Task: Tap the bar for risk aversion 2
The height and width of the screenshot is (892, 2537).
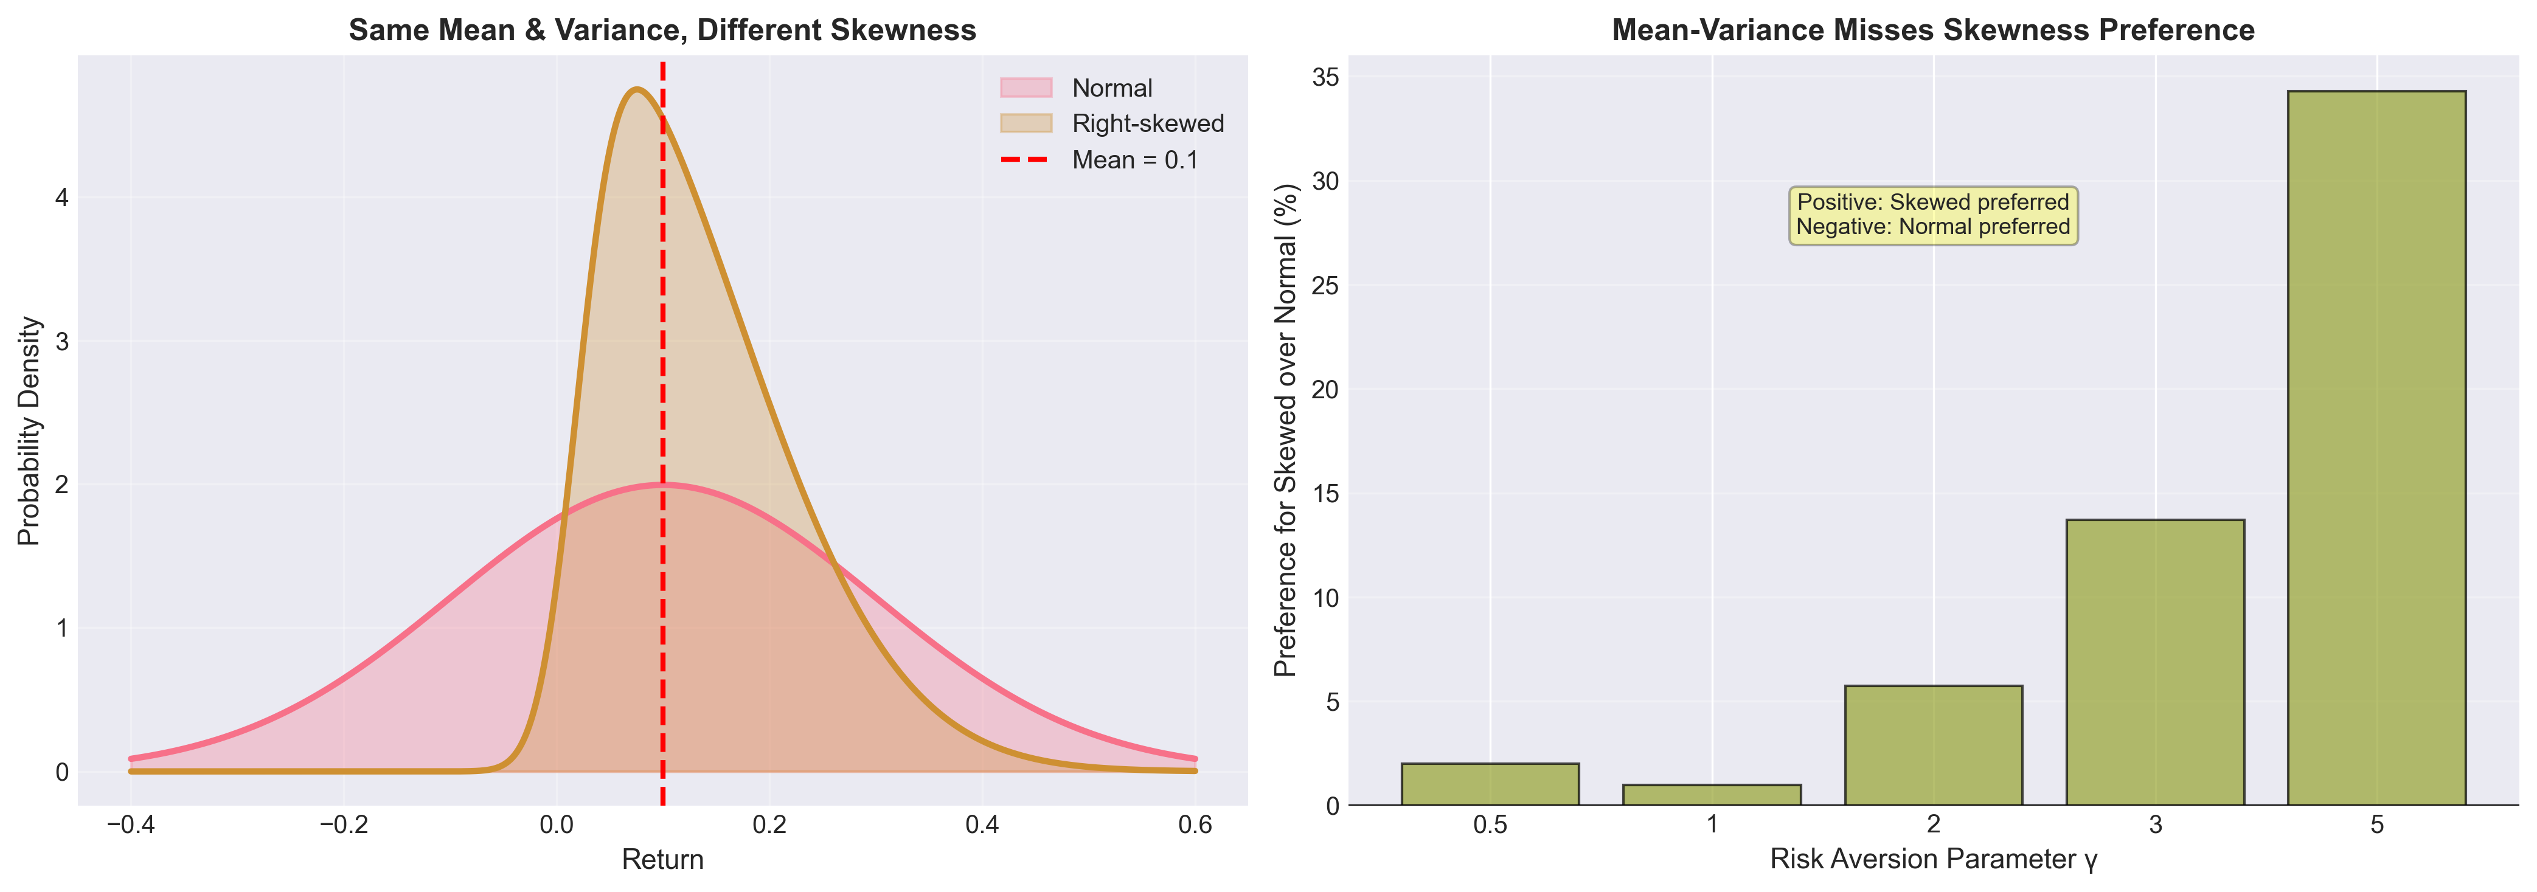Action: pyautogui.click(x=1933, y=745)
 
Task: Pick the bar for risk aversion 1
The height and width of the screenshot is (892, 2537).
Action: pyautogui.click(x=1712, y=795)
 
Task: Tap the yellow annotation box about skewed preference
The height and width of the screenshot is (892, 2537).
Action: pyautogui.click(x=1932, y=215)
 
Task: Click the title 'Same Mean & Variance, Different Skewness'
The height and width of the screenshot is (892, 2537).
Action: pyautogui.click(x=662, y=30)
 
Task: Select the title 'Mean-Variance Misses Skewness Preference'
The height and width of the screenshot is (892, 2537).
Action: pyautogui.click(x=1932, y=30)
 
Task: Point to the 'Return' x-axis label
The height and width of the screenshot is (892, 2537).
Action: pyautogui.click(x=662, y=860)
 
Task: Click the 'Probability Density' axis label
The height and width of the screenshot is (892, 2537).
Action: pyautogui.click(x=30, y=430)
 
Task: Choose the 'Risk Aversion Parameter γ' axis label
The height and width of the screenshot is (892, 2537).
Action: pyautogui.click(x=1932, y=860)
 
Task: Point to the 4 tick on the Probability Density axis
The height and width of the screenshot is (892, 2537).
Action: pyautogui.click(x=61, y=198)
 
